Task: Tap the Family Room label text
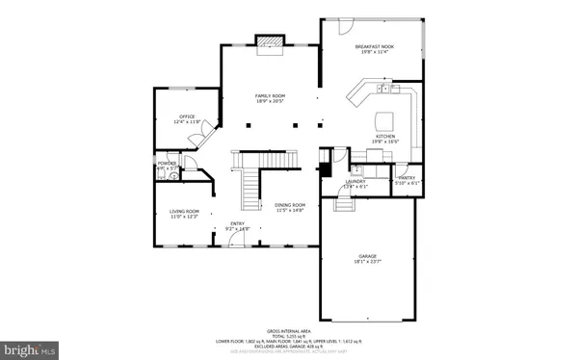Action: tap(270, 96)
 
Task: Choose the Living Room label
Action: tap(185, 212)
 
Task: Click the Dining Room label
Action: tap(290, 205)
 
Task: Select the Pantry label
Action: tap(405, 180)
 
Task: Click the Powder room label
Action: tap(167, 165)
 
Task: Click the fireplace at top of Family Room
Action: tap(270, 42)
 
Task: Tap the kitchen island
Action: tap(385, 120)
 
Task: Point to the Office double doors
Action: tap(197, 140)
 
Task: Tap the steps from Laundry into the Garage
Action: tap(344, 203)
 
